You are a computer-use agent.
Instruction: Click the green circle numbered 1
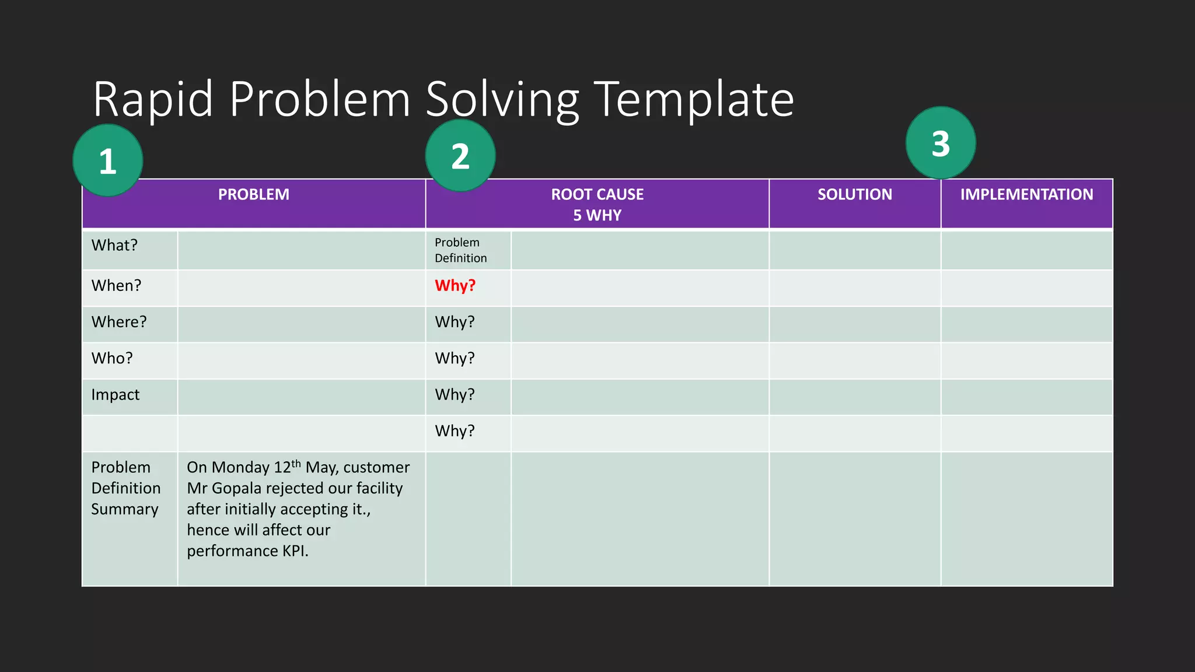point(108,160)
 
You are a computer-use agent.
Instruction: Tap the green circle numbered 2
point(460,156)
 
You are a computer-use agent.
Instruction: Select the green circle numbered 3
point(941,143)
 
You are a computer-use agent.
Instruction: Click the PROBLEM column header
point(254,195)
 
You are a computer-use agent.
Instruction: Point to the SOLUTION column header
point(855,195)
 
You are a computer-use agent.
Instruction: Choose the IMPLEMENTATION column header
point(1027,195)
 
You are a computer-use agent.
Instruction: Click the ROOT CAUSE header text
point(597,195)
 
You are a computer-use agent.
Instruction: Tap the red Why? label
point(455,286)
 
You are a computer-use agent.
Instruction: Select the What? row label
point(114,246)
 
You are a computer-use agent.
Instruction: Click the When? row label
point(116,286)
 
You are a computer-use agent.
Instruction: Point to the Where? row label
point(119,322)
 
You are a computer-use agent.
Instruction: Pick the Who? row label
point(112,358)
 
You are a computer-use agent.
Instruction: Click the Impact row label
point(116,395)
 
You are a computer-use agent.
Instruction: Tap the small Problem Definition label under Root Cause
point(460,250)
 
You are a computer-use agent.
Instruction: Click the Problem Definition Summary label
point(125,488)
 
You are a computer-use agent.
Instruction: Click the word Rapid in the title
point(153,99)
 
